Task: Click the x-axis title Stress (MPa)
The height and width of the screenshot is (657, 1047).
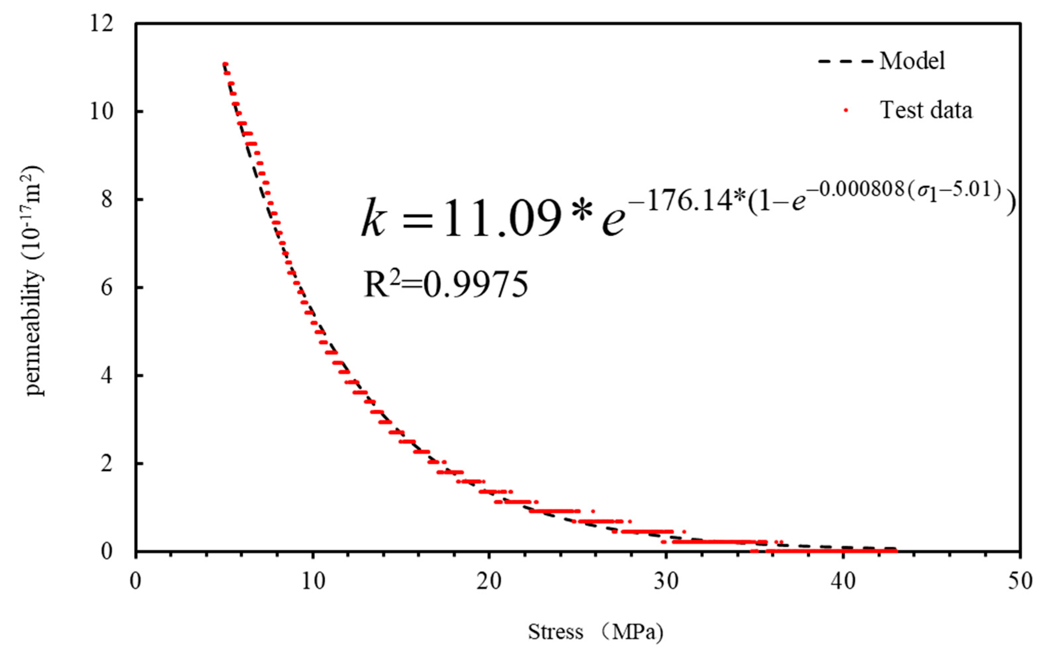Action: [595, 632]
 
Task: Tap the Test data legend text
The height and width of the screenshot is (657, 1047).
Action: [926, 110]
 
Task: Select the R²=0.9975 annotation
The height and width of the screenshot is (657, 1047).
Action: [445, 285]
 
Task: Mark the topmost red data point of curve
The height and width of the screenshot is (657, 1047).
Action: [225, 64]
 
